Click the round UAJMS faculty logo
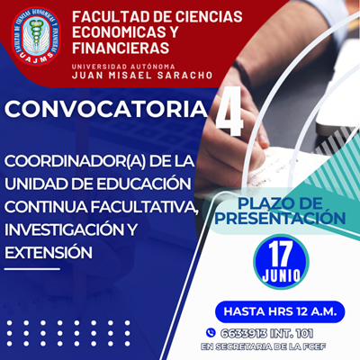point(36,36)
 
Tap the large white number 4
point(229,112)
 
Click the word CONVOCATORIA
point(106,109)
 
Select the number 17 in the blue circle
point(281,255)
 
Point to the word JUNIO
point(281,275)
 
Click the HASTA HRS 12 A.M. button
point(280,311)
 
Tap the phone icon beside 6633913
point(211,332)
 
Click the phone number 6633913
point(244,333)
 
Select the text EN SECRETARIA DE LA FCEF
point(264,346)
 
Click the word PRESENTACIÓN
point(280,219)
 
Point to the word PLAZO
point(260,204)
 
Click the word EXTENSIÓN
point(49,253)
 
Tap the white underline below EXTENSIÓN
point(32,269)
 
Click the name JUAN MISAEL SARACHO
point(142,75)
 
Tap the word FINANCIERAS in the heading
point(121,48)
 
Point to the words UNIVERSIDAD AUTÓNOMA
point(123,67)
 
